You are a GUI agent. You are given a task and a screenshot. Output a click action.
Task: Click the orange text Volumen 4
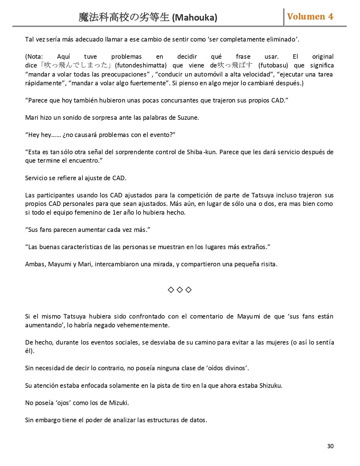tap(310, 17)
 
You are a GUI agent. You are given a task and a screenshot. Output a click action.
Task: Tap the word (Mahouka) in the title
tap(195, 18)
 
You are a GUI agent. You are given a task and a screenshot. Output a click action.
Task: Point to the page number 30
tap(330, 446)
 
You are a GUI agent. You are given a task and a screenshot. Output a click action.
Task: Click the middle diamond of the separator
tap(180, 290)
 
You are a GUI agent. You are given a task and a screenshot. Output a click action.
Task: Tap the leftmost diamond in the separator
tap(171, 290)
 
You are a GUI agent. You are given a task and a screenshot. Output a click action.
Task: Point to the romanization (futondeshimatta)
tap(141, 66)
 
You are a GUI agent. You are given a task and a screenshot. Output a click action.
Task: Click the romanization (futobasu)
tap(273, 66)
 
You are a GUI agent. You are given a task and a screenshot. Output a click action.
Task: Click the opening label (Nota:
tap(34, 56)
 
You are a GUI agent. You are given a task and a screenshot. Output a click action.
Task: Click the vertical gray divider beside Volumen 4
tap(283, 17)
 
